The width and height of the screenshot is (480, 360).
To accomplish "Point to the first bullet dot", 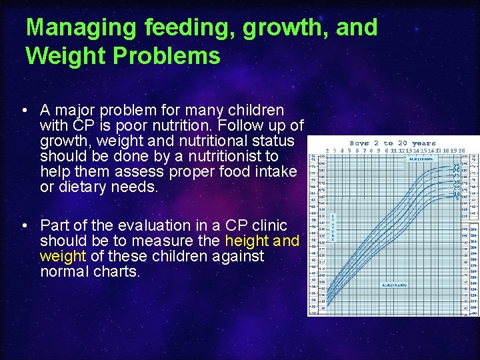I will point(24,111).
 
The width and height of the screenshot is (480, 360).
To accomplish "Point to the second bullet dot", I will point(24,226).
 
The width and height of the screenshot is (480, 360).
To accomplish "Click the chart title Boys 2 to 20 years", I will point(392,143).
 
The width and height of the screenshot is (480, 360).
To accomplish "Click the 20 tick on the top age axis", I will point(461,151).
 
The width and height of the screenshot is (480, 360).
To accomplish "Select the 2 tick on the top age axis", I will point(327,151).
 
